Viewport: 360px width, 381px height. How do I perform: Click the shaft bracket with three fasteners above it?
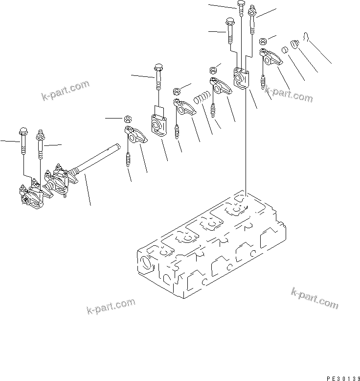coord(241,78)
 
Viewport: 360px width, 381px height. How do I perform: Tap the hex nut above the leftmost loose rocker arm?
coord(127,119)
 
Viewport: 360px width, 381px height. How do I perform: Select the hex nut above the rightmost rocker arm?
coord(263,41)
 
